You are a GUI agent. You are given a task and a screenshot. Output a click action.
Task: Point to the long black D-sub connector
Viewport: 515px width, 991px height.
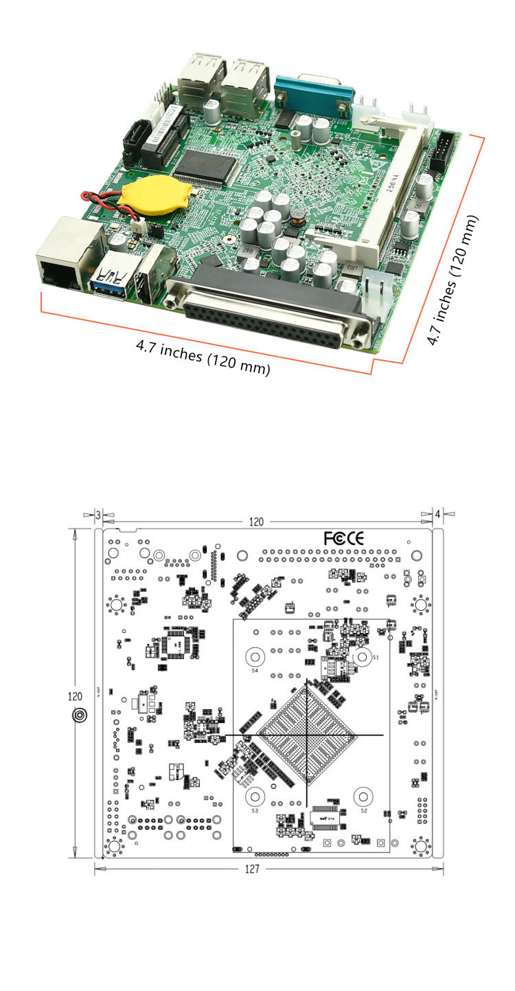pyautogui.click(x=271, y=309)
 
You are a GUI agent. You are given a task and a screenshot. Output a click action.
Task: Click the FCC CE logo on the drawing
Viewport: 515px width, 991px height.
pyautogui.click(x=344, y=538)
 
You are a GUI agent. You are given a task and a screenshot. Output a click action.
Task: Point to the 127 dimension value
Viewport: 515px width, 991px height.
pyautogui.click(x=252, y=869)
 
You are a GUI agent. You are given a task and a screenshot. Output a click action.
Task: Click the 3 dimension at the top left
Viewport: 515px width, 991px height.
pyautogui.click(x=98, y=515)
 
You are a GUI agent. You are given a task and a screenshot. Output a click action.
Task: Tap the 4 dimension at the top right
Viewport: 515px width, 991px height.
pyautogui.click(x=437, y=515)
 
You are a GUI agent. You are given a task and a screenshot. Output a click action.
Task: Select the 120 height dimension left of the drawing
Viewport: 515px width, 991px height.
pyautogui.click(x=76, y=696)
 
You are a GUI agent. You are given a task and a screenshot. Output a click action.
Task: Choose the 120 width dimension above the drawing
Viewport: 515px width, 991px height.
pyautogui.click(x=255, y=522)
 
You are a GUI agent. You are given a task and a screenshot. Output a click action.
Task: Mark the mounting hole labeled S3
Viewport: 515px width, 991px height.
pyautogui.click(x=256, y=797)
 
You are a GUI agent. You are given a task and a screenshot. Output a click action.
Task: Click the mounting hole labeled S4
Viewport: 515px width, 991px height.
pyautogui.click(x=255, y=657)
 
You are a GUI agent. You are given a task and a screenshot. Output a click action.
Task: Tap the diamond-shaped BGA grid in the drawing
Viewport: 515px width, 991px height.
pyautogui.click(x=307, y=737)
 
